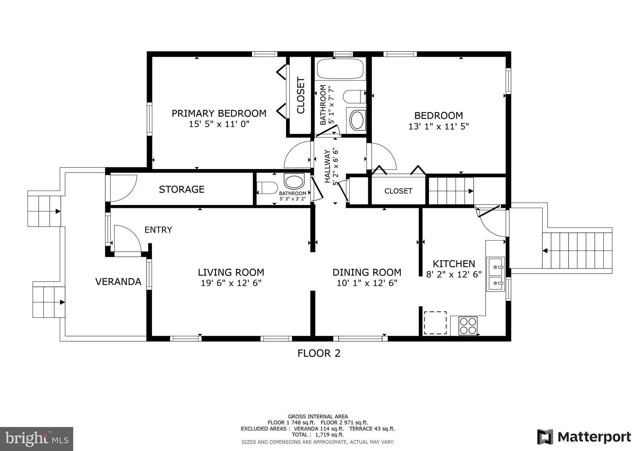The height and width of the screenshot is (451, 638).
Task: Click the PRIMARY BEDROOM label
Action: pyautogui.click(x=219, y=113)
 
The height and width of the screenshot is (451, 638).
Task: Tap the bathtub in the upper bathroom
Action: pyautogui.click(x=340, y=69)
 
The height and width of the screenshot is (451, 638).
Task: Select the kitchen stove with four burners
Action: pyautogui.click(x=468, y=326)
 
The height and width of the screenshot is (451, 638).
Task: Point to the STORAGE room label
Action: pyautogui.click(x=182, y=189)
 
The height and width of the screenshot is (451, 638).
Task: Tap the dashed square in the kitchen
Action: pyautogui.click(x=435, y=323)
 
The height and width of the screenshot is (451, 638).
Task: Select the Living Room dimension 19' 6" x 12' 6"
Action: pyautogui.click(x=231, y=283)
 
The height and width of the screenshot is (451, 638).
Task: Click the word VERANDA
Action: pyautogui.click(x=118, y=282)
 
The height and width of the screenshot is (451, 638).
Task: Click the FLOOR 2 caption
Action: pyautogui.click(x=319, y=353)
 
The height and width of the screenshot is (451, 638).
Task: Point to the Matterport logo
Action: pyautogui.click(x=584, y=437)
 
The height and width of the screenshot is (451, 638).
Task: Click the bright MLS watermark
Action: pyautogui.click(x=37, y=439)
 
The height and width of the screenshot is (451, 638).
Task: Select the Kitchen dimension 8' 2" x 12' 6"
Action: pyautogui.click(x=454, y=274)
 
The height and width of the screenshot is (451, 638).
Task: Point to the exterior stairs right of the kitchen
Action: pyautogui.click(x=576, y=251)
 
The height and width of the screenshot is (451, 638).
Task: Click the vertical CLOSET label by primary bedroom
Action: pyautogui.click(x=301, y=95)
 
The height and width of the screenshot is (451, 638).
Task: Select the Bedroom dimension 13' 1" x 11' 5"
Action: pyautogui.click(x=439, y=126)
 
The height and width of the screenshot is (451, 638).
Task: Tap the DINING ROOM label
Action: pyautogui.click(x=367, y=273)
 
